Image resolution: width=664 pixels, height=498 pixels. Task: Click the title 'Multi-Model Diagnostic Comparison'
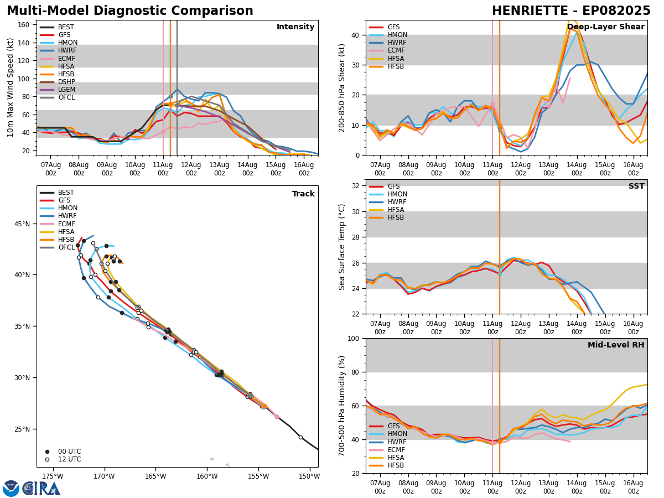129,11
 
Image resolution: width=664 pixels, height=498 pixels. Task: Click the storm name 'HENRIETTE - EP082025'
571,11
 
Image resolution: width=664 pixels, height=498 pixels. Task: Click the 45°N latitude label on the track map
21,224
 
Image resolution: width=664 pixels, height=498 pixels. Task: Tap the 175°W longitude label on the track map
52,476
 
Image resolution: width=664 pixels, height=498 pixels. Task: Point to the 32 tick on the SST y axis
356,186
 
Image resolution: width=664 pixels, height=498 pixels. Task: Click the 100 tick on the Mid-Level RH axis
353,339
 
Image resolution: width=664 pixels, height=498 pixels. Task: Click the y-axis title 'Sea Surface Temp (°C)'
343,247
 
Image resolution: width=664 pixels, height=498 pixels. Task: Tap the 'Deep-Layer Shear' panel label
606,27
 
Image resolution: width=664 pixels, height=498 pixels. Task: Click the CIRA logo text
41,489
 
